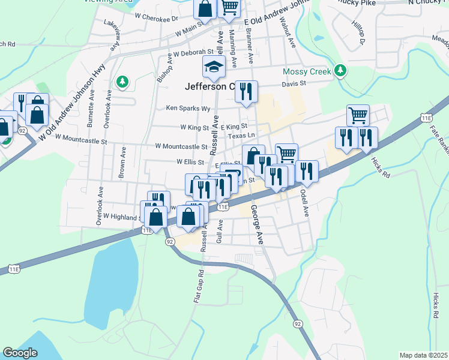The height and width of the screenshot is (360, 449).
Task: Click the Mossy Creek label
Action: pos(307,71)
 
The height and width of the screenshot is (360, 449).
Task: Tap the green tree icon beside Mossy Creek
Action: pos(341,71)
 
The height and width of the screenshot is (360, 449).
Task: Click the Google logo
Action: pos(20,353)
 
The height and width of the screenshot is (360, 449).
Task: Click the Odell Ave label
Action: pos(304,203)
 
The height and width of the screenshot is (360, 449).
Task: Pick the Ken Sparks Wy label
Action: pos(188,109)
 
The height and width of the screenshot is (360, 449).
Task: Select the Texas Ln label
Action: pos(241,136)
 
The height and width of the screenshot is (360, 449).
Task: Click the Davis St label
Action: pos(294,84)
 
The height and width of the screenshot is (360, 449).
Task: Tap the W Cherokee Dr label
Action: pos(157,18)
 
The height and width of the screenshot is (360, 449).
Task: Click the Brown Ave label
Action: pos(121,162)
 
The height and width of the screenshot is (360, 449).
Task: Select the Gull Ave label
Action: pos(220,230)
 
